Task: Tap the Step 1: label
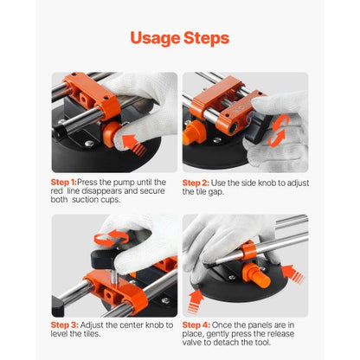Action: click(x=63, y=183)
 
